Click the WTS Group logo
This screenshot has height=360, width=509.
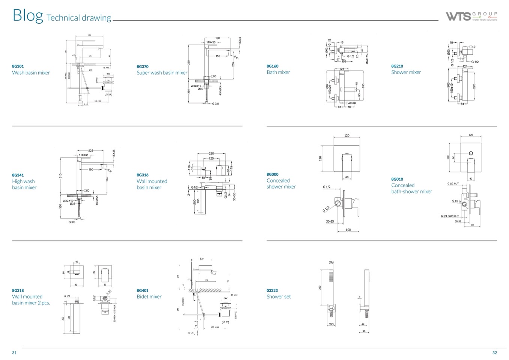click(x=471, y=16)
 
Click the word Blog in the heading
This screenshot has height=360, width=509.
click(x=28, y=15)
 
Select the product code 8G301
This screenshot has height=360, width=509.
click(x=18, y=66)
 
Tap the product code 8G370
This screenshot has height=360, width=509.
click(x=143, y=66)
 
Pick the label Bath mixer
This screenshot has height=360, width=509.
click(x=278, y=72)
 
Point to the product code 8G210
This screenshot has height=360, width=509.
click(x=397, y=66)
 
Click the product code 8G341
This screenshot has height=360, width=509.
click(x=18, y=175)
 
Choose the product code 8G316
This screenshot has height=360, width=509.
click(x=143, y=175)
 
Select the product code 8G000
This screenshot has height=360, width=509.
click(x=273, y=174)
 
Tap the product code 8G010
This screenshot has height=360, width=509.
click(x=397, y=179)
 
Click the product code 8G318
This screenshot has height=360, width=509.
click(x=18, y=290)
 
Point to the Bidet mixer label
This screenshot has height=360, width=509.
click(x=149, y=297)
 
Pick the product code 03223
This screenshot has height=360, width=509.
click(x=272, y=290)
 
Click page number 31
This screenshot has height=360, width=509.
click(x=14, y=352)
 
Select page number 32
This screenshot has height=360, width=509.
click(x=494, y=352)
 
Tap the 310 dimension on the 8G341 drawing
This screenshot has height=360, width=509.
click(x=60, y=176)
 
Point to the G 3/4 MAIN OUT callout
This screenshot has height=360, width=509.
click(x=450, y=216)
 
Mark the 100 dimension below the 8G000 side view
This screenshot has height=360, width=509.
click(x=348, y=230)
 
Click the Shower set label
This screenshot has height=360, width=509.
click(x=279, y=297)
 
